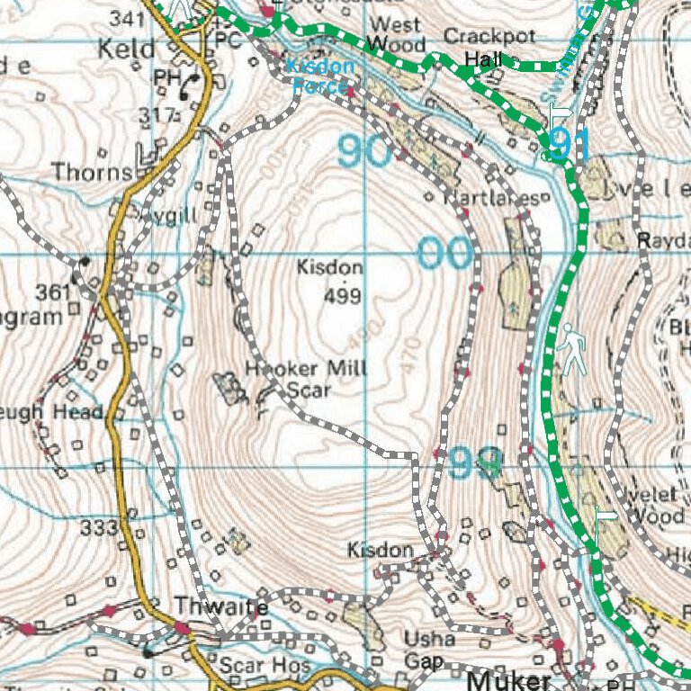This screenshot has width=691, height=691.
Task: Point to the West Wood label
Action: pyautogui.click(x=396, y=34)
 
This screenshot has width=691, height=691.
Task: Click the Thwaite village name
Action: pyautogui.click(x=220, y=607)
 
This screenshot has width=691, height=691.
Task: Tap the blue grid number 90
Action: pyautogui.click(x=365, y=151)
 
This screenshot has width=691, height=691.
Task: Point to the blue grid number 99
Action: pyautogui.click(x=474, y=463)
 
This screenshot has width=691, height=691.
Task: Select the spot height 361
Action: pyautogui.click(x=52, y=292)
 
